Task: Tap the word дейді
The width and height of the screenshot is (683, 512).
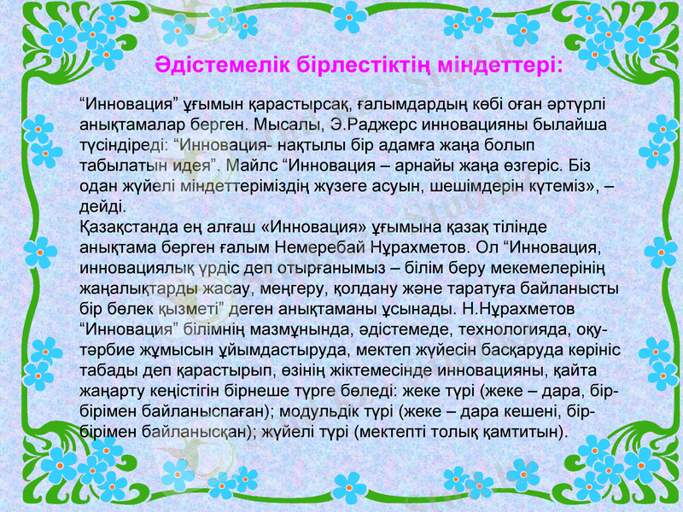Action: click(x=101, y=207)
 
